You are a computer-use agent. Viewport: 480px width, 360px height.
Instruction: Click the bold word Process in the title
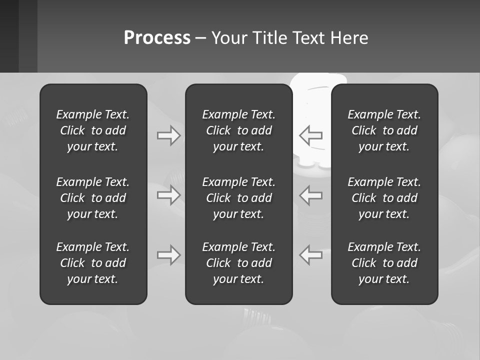[157, 38]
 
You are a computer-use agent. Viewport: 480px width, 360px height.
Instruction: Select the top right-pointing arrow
[168, 135]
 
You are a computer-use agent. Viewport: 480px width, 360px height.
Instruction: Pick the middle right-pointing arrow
[168, 195]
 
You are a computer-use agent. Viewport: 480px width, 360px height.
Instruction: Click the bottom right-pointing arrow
[168, 255]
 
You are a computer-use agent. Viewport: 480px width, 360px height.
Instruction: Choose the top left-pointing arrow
[311, 135]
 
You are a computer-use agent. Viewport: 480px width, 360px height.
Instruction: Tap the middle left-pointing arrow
[311, 195]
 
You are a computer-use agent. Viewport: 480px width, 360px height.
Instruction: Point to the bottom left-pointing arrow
[311, 255]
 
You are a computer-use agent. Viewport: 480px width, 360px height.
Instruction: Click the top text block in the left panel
[93, 130]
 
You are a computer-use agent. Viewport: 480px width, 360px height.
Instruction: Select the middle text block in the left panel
[93, 198]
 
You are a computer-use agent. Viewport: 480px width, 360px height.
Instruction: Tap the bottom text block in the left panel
[93, 263]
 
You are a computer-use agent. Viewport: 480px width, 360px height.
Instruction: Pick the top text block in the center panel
[238, 130]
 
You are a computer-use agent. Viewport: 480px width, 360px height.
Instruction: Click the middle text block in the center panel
[238, 198]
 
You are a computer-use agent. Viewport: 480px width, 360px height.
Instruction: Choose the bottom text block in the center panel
[238, 263]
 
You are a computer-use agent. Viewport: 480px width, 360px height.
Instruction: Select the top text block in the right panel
[384, 130]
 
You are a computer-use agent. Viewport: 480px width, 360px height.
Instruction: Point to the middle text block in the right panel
[384, 198]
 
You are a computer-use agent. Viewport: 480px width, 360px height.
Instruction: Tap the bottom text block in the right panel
[384, 263]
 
